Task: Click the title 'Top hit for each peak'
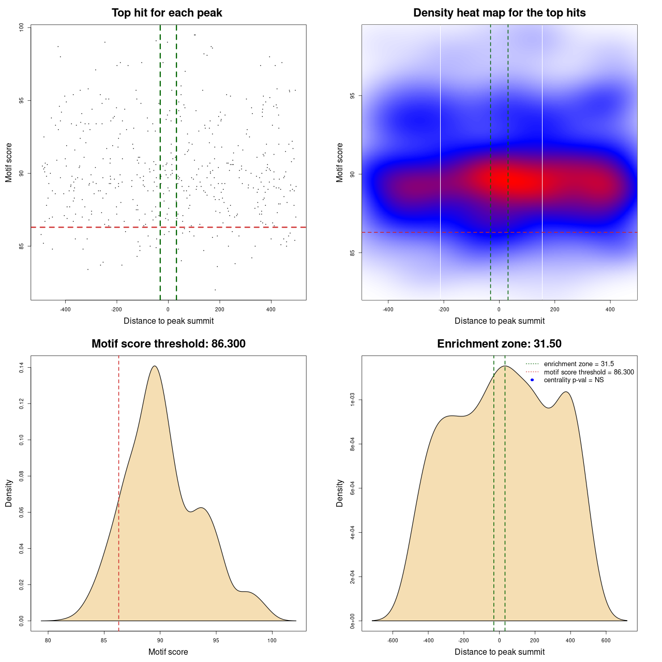(x=167, y=13)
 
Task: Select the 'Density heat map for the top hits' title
(x=499, y=13)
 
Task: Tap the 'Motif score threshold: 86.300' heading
(x=168, y=344)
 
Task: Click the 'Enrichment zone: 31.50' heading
(x=499, y=344)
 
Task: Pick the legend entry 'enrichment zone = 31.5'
(x=579, y=364)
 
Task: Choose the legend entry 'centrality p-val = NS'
(x=574, y=380)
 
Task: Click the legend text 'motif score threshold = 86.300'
(x=589, y=372)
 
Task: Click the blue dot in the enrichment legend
(x=532, y=380)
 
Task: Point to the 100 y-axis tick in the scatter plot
(x=22, y=27)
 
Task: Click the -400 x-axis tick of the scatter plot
(x=65, y=310)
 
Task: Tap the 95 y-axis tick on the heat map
(x=352, y=96)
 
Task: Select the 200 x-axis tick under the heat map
(x=555, y=310)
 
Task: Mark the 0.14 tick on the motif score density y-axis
(x=22, y=368)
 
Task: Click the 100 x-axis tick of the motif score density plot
(x=272, y=641)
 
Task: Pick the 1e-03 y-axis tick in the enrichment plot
(x=352, y=400)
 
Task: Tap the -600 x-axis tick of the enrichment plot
(x=393, y=641)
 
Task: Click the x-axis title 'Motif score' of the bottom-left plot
(x=168, y=652)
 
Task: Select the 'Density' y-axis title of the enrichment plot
(x=340, y=493)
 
